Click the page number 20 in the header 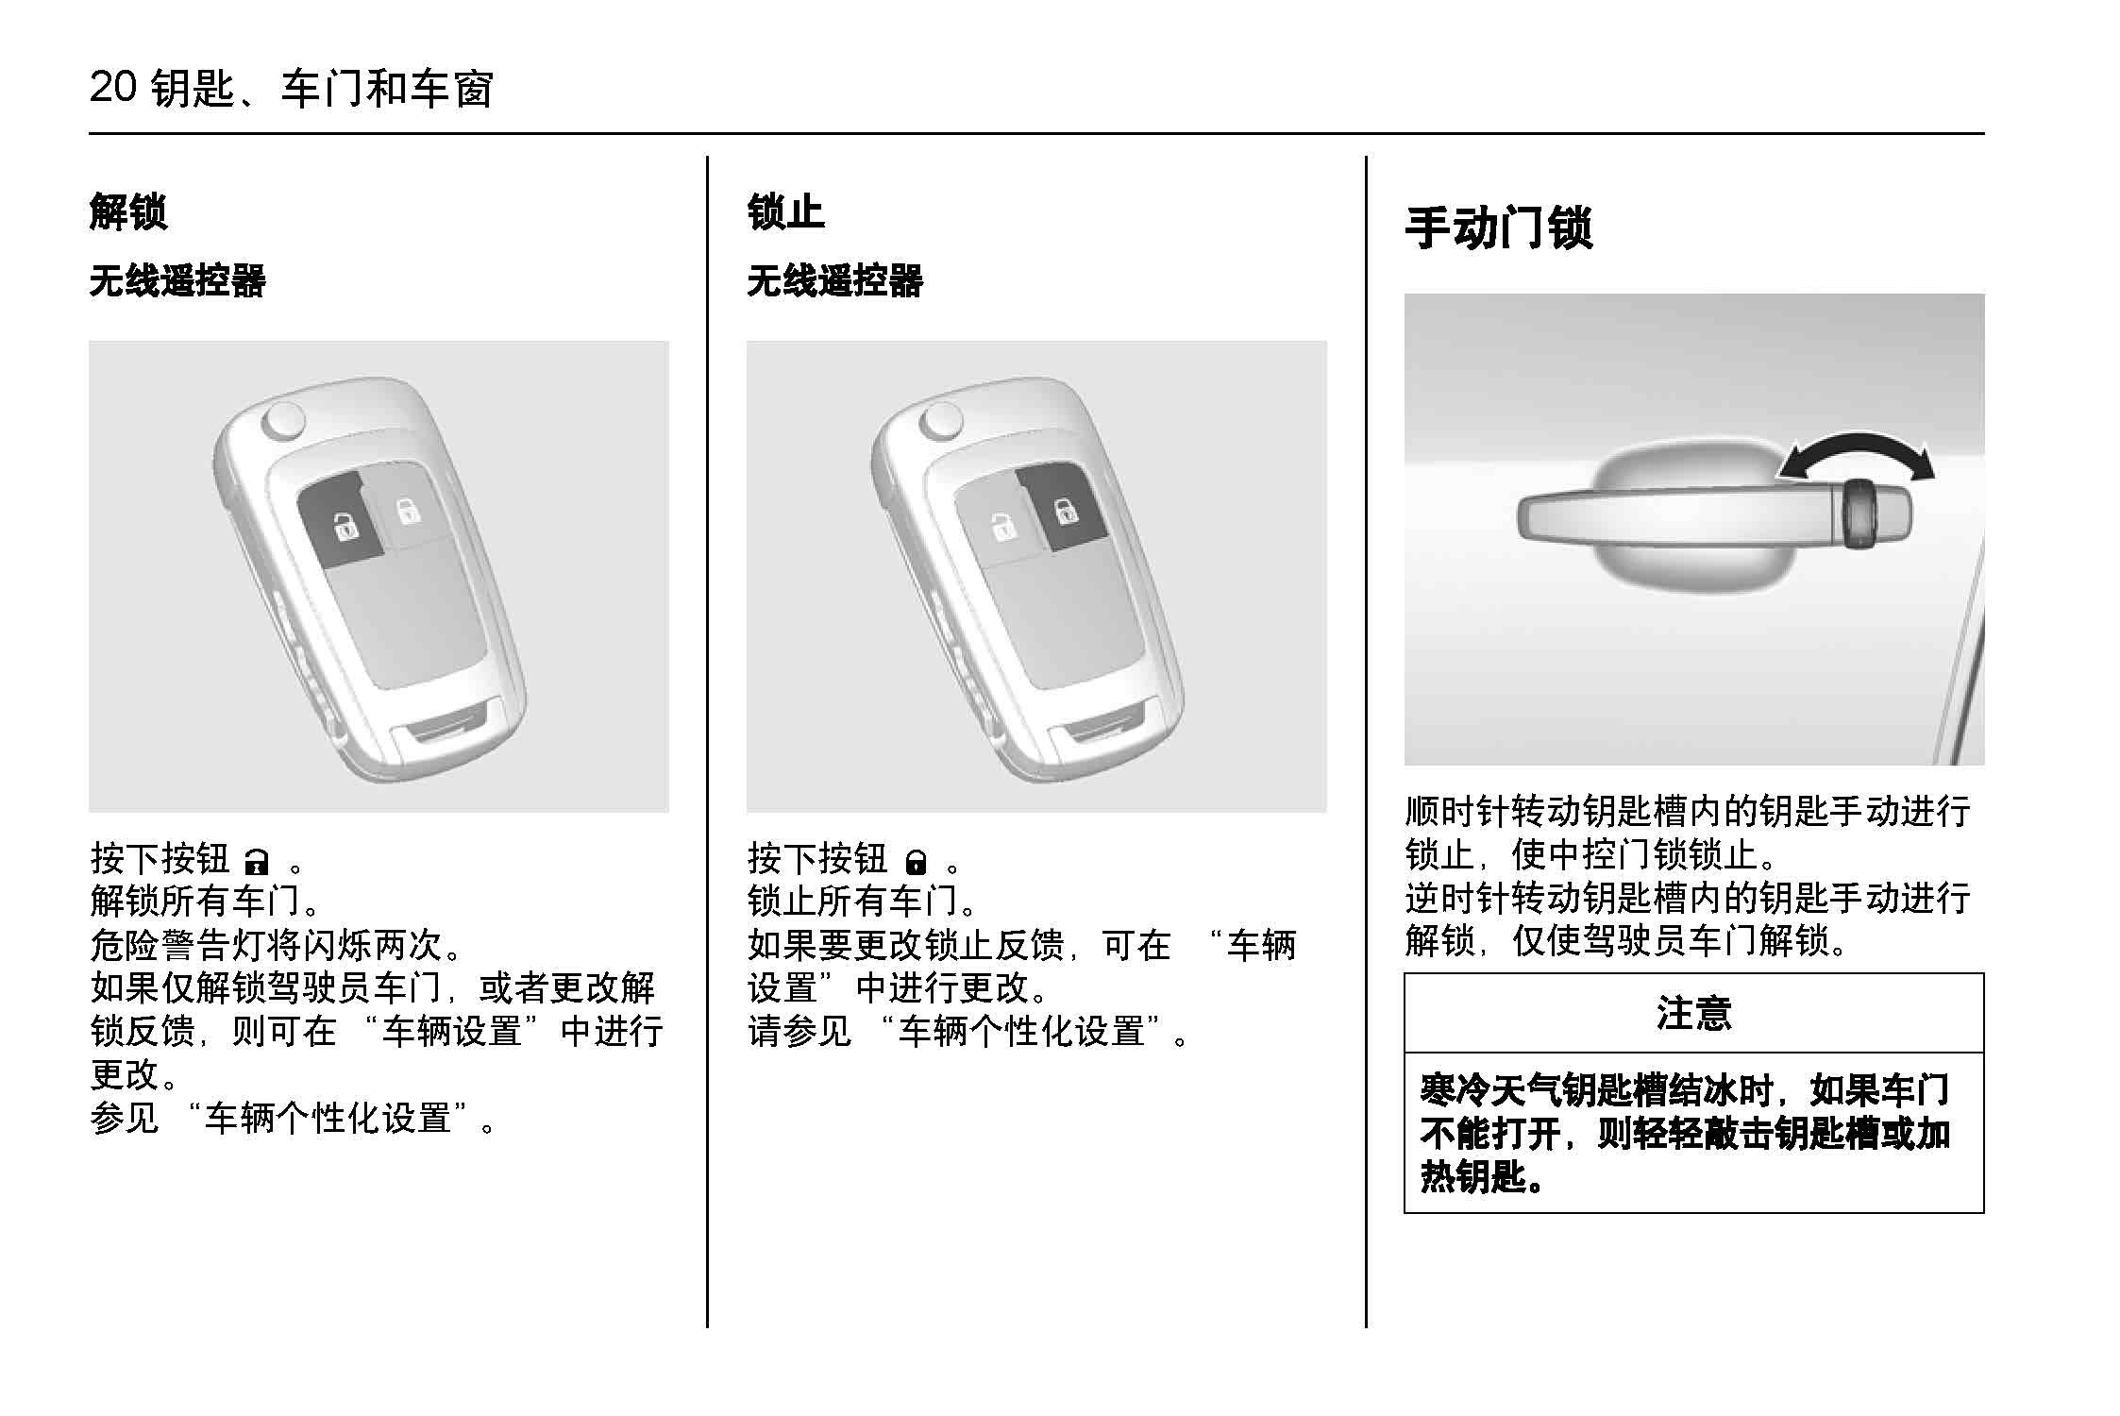coord(113,88)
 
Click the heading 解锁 coord(128,211)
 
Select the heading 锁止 coord(785,211)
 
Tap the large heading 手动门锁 coord(1499,228)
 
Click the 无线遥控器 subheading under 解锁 coord(177,281)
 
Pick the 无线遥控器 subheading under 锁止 coord(834,281)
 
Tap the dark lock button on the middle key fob coord(1062,509)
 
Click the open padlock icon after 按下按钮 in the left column coord(257,862)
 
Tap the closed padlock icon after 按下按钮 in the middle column coord(915,862)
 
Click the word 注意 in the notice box coord(1693,1013)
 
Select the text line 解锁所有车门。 coord(206,901)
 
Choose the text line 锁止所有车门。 coord(863,901)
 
